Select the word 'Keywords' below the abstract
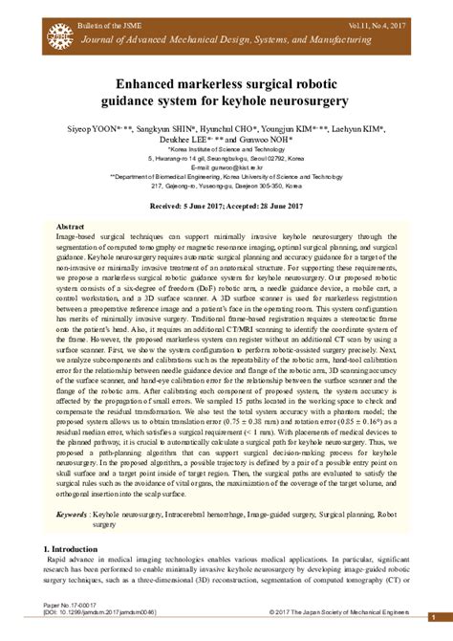[x=73, y=514]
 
